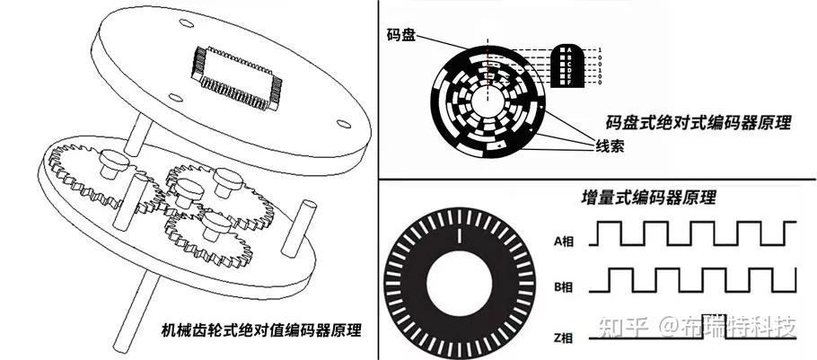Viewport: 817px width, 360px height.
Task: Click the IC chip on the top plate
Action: click(x=238, y=72)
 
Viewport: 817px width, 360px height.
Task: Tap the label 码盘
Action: click(x=402, y=34)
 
